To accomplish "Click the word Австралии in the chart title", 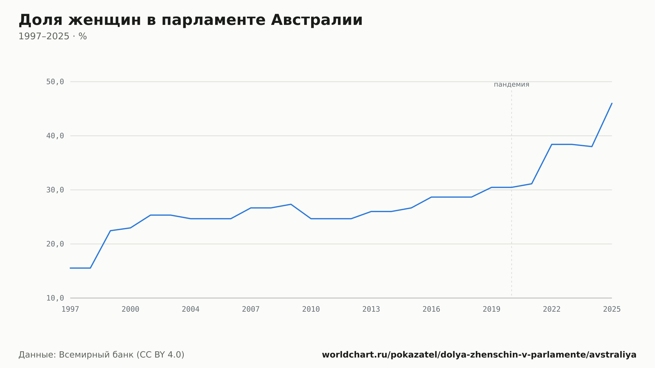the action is tap(317, 20).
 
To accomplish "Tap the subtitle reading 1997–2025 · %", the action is tap(53, 36).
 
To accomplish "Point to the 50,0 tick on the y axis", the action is tap(55, 82).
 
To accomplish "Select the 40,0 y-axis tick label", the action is tap(55, 136).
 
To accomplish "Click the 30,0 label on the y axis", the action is tap(55, 190).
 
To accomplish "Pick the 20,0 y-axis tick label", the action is tap(55, 244).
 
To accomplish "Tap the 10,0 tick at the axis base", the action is tap(55, 298).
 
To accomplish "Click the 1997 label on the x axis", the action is tap(70, 309).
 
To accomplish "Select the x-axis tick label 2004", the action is tap(191, 309).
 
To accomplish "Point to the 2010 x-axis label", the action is tap(311, 309).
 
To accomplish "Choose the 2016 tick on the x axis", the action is tap(431, 309).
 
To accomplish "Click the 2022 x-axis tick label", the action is tap(552, 309).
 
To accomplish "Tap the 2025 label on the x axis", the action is tap(612, 309).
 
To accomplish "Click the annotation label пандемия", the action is tap(512, 84).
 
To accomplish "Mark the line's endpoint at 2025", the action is tap(612, 103).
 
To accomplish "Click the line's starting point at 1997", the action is tap(70, 268).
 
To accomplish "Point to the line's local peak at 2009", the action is tap(291, 204).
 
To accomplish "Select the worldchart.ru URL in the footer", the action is tap(479, 355).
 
